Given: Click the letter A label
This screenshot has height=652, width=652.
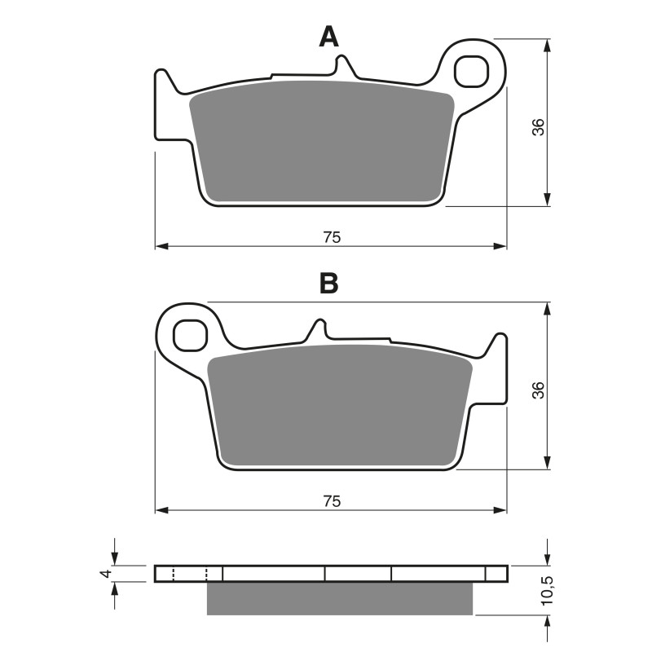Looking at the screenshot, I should pyautogui.click(x=328, y=37).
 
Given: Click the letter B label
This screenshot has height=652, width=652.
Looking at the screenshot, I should pyautogui.click(x=328, y=284).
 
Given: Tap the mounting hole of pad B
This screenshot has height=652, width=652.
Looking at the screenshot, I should pyautogui.click(x=191, y=334).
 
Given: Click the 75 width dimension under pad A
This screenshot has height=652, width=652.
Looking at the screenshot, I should pyautogui.click(x=331, y=237).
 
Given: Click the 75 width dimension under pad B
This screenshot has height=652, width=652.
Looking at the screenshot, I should pyautogui.click(x=331, y=500).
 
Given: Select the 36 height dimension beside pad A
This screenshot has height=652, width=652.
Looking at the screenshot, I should pyautogui.click(x=538, y=127).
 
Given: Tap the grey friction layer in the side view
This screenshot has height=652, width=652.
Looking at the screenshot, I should pyautogui.click(x=340, y=598).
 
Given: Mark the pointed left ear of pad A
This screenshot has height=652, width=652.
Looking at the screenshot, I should pyautogui.click(x=163, y=79).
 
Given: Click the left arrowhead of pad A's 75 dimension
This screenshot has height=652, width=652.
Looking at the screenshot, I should pyautogui.click(x=161, y=245).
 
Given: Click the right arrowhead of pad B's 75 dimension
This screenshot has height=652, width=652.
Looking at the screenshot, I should pyautogui.click(x=501, y=509).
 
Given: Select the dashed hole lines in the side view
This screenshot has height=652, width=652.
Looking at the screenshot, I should pyautogui.click(x=190, y=574).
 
